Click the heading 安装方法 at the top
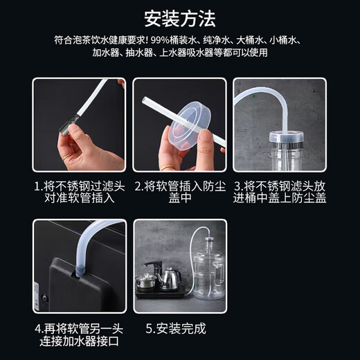pyautogui.click(x=180, y=16)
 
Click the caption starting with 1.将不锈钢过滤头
pyautogui.click(x=80, y=192)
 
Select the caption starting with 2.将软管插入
pyautogui.click(x=179, y=192)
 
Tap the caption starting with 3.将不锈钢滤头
pyautogui.click(x=279, y=192)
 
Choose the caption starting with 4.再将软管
pyautogui.click(x=80, y=334)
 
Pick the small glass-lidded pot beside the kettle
pyautogui.click(x=147, y=280)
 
